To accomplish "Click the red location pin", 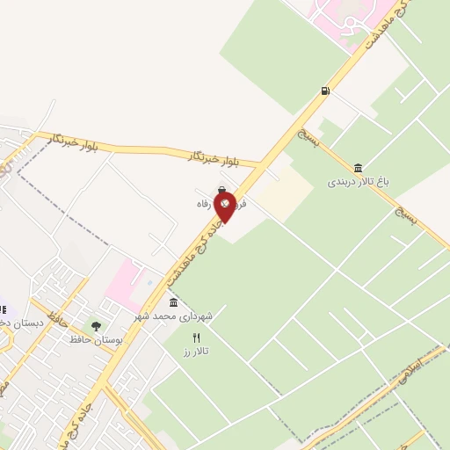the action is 225,206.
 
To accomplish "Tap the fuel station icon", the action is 326,90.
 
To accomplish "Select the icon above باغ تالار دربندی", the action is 358,168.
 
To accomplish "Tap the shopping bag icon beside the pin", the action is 221,189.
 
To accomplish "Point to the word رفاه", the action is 205,203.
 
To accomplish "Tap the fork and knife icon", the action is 196,337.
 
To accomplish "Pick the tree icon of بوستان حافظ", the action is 97,327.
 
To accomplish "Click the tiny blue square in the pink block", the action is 149,282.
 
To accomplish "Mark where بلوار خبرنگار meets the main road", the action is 263,166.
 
